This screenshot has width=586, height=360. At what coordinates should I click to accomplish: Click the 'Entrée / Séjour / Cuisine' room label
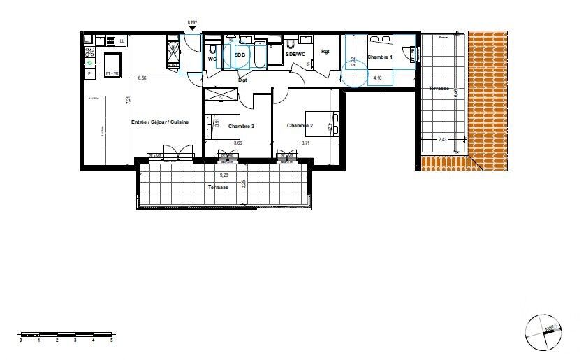[159, 122]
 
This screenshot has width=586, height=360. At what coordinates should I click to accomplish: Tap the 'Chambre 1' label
[381, 57]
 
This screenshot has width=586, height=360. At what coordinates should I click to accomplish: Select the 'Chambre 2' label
[300, 126]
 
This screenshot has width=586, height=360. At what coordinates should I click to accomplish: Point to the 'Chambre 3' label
[242, 126]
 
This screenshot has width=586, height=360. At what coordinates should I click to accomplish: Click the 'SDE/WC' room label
[296, 55]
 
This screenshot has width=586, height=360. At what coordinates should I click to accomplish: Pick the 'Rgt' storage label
[325, 52]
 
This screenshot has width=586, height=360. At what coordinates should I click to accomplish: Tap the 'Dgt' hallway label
[243, 80]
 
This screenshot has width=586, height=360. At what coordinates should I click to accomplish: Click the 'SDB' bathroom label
[240, 55]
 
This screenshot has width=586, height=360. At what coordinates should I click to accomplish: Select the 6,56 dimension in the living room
[142, 78]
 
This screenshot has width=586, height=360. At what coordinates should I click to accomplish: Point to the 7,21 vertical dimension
[128, 100]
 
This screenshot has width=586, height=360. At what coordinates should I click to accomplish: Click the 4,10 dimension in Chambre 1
[377, 78]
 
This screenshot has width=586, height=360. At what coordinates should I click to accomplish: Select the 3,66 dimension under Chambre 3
[237, 143]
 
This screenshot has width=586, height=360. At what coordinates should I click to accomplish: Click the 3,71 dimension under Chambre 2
[305, 143]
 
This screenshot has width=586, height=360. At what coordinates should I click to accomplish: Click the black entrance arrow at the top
[192, 29]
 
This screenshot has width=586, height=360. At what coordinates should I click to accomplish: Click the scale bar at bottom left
[66, 333]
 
